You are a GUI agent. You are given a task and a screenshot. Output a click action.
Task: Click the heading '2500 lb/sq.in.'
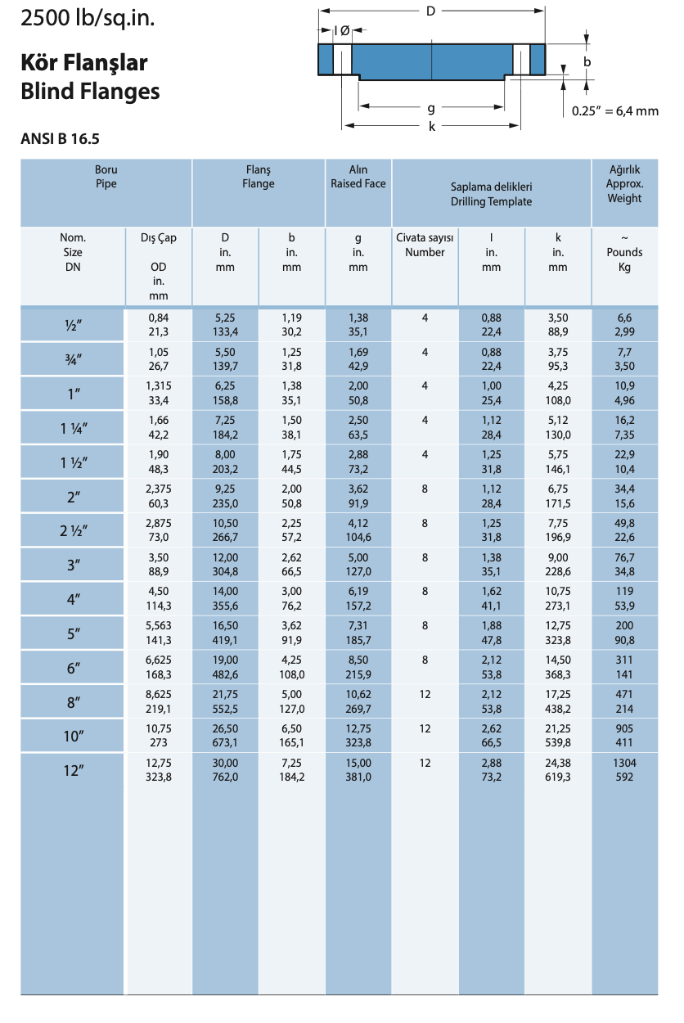click(88, 17)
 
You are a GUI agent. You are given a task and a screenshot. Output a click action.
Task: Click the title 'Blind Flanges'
click(90, 91)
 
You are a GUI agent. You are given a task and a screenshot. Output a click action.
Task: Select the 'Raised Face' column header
click(358, 184)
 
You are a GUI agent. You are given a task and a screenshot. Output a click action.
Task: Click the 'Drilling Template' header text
click(491, 201)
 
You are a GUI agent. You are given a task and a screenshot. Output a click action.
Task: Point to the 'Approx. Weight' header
click(624, 192)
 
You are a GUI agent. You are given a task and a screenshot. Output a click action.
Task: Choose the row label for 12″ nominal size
click(74, 770)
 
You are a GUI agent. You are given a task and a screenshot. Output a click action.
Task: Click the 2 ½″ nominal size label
click(74, 530)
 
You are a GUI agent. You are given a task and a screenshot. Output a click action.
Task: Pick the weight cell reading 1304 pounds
click(624, 763)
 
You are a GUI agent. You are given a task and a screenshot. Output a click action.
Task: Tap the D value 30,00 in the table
click(226, 763)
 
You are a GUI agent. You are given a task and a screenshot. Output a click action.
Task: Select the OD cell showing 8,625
click(159, 694)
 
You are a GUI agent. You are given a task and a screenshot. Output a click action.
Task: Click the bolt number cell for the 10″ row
click(425, 728)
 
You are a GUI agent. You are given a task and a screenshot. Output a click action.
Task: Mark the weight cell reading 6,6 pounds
click(624, 318)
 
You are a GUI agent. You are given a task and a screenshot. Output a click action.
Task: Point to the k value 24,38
click(558, 763)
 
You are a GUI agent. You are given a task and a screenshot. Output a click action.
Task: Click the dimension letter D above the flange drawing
click(431, 11)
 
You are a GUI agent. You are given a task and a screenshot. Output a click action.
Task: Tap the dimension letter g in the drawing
click(431, 107)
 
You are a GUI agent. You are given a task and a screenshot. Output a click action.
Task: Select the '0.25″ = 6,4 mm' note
click(614, 111)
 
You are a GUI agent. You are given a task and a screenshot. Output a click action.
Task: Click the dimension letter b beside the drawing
click(587, 61)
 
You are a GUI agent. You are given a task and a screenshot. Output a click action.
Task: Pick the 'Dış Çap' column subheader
click(159, 238)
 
